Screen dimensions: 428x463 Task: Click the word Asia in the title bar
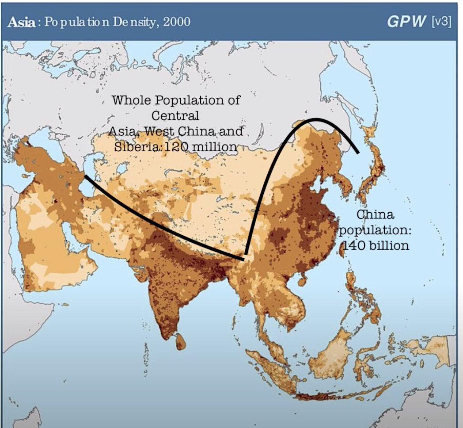click(x=21, y=22)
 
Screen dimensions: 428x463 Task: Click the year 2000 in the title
click(x=177, y=22)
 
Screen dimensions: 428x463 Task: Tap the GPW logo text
click(x=406, y=22)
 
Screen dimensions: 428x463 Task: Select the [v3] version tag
click(x=441, y=22)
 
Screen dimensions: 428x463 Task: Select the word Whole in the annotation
click(x=132, y=100)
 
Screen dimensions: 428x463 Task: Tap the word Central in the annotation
click(x=175, y=116)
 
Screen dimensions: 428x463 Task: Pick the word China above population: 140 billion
click(x=375, y=215)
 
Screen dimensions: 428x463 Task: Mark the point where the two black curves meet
click(x=244, y=258)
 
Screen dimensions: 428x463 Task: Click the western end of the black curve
click(x=85, y=176)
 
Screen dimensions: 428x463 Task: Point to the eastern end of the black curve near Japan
click(x=358, y=153)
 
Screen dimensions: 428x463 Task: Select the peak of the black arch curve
click(x=315, y=119)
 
